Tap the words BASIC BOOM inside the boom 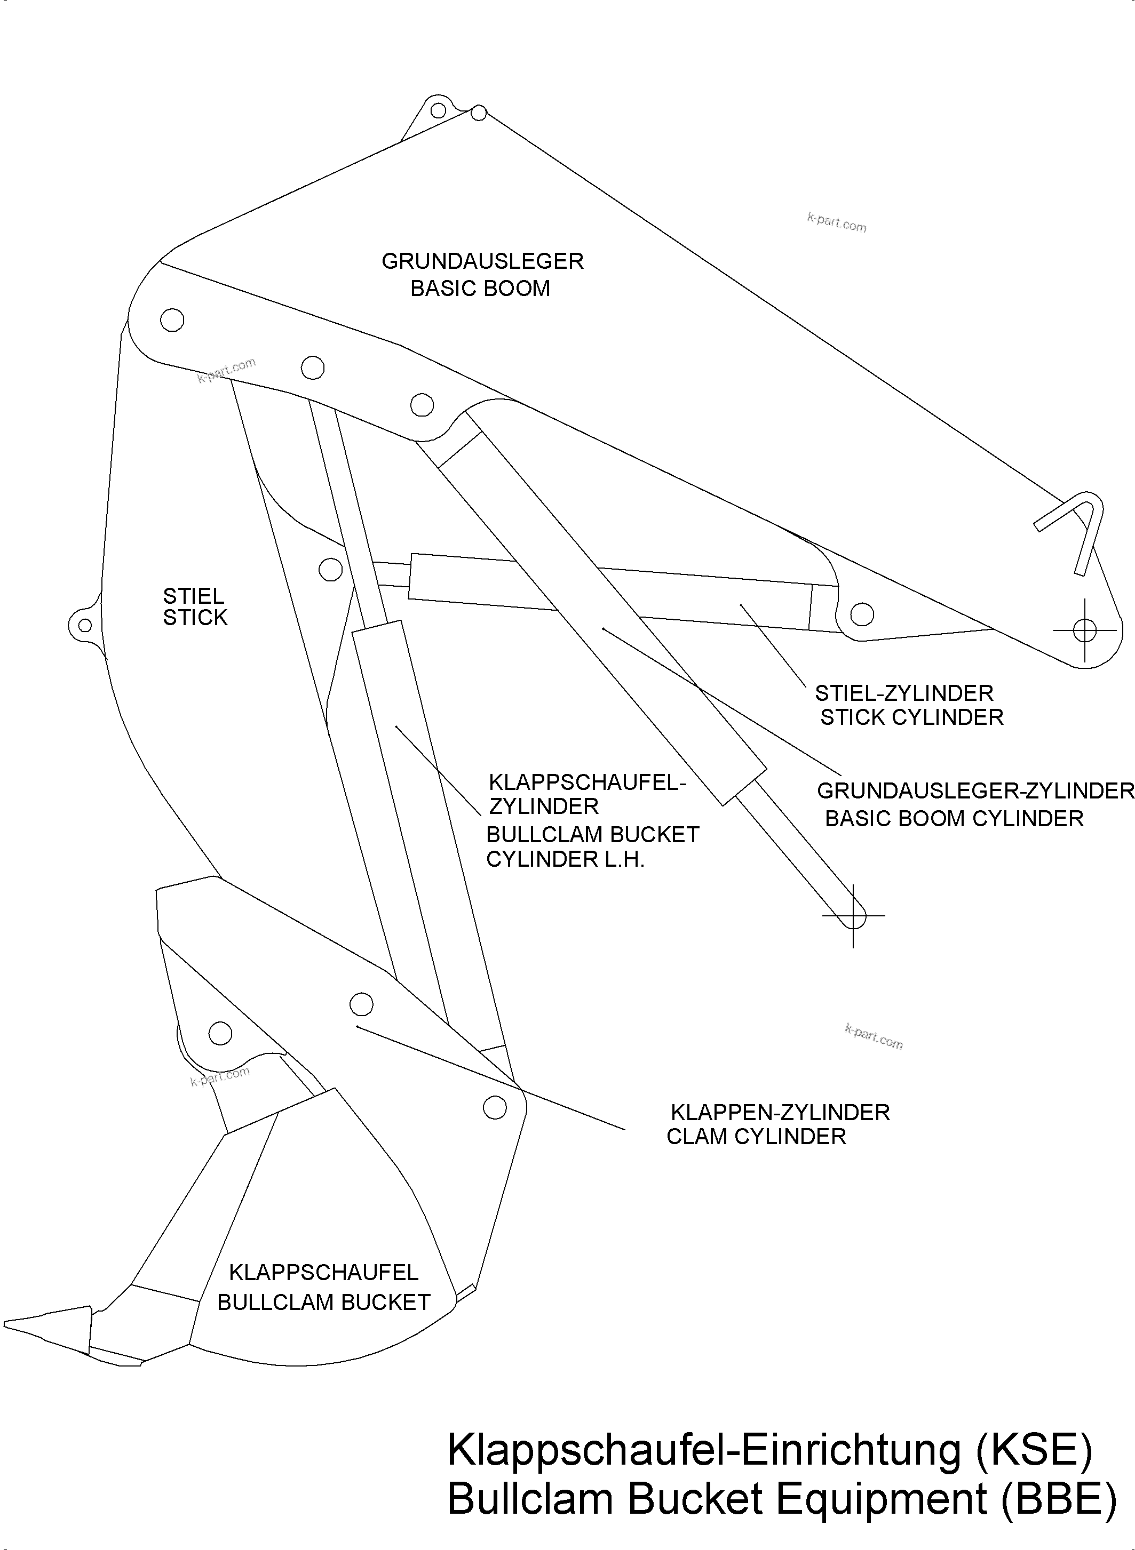pyautogui.click(x=480, y=289)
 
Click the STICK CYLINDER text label pyautogui.click(x=912, y=717)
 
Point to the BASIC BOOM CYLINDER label pyautogui.click(x=954, y=819)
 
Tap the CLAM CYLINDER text pyautogui.click(x=756, y=1137)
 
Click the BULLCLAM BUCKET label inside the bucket pyautogui.click(x=323, y=1303)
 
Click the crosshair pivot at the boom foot pyautogui.click(x=1085, y=630)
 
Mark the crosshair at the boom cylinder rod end pyautogui.click(x=853, y=915)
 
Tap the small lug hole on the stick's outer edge pyautogui.click(x=84, y=626)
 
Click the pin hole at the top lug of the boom pyautogui.click(x=437, y=110)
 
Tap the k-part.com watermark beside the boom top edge pyautogui.click(x=836, y=222)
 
